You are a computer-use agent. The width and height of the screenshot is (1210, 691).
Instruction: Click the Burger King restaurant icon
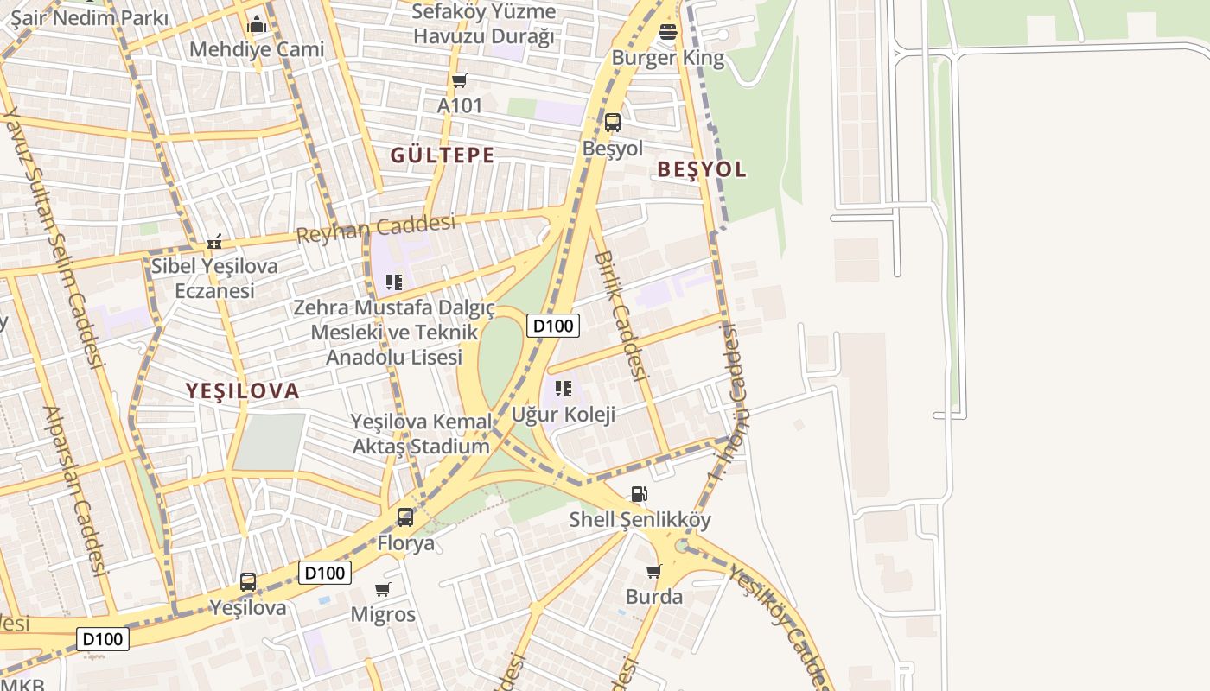[x=668, y=33]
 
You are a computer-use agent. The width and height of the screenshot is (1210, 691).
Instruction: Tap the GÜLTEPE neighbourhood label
[x=442, y=155]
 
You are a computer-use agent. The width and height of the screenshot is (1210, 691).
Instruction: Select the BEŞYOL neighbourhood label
[x=701, y=169]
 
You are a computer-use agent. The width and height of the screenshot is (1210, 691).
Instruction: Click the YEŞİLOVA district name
[x=242, y=391]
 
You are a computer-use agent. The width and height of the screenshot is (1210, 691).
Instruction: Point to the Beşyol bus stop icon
[x=612, y=123]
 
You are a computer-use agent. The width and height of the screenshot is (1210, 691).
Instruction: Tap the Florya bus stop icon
[x=404, y=517]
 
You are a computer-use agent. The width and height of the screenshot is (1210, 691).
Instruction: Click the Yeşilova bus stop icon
[x=248, y=582]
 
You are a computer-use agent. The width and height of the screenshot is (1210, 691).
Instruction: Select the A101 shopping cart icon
[x=459, y=80]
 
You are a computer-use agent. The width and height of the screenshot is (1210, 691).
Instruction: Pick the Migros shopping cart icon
[x=383, y=589]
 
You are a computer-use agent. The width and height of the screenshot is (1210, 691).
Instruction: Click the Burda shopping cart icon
[x=653, y=571]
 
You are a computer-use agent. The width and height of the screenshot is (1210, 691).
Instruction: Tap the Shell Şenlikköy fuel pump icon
[x=639, y=494]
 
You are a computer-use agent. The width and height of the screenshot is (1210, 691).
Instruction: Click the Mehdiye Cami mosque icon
[x=256, y=24]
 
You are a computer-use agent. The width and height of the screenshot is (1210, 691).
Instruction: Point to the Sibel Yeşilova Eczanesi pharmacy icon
[x=214, y=242]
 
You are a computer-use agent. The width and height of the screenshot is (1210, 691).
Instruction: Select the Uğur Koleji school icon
[x=564, y=389]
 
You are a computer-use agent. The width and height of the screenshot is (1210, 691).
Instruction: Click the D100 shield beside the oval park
[x=552, y=326]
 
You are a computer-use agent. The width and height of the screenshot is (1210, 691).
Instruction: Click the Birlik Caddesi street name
[x=620, y=315]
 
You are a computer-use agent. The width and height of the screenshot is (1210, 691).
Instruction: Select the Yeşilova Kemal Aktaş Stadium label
[x=421, y=434]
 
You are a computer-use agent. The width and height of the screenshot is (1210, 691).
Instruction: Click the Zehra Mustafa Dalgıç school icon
[x=394, y=282]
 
